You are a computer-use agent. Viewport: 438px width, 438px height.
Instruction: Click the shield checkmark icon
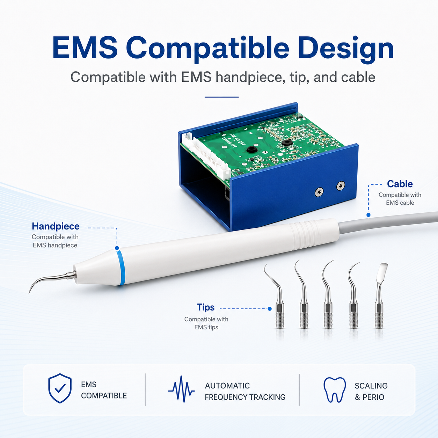click(x=60, y=388)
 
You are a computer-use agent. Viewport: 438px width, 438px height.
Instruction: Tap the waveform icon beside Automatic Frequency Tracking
click(x=181, y=389)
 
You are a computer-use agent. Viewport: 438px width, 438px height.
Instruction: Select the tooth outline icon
click(x=335, y=389)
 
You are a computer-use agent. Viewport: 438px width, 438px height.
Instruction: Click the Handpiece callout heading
click(x=56, y=226)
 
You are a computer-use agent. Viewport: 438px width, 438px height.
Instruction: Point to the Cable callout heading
click(x=400, y=184)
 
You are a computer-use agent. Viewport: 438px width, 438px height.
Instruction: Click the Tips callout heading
click(x=206, y=307)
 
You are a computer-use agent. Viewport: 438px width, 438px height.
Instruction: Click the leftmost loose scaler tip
click(x=276, y=295)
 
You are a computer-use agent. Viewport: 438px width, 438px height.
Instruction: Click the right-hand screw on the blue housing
click(x=341, y=186)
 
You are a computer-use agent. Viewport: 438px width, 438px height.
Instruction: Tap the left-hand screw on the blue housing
click(x=319, y=192)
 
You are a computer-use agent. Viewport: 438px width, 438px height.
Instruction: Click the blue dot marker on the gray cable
click(x=368, y=215)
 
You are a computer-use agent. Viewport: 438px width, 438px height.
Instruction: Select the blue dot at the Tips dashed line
click(x=270, y=309)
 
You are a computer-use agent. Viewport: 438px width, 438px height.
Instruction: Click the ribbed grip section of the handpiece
click(x=306, y=235)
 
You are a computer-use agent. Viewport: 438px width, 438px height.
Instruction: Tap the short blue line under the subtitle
click(x=221, y=97)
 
